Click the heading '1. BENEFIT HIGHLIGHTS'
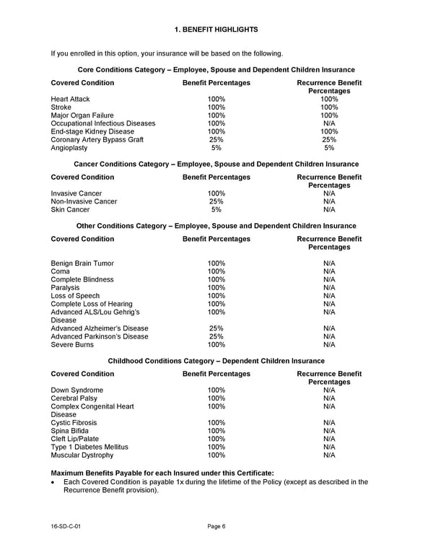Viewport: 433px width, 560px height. click(x=216, y=29)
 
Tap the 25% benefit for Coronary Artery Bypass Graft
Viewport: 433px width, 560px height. click(x=216, y=140)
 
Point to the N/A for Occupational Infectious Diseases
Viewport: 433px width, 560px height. click(x=329, y=123)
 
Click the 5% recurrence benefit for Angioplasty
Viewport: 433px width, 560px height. click(x=329, y=148)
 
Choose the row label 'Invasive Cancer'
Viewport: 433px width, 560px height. click(x=76, y=193)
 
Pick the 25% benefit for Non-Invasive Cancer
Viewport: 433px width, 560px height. click(x=216, y=201)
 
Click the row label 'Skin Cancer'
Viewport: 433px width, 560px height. click(x=71, y=210)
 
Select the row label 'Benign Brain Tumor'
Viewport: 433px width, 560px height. click(x=82, y=263)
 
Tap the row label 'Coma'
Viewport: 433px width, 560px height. click(x=61, y=271)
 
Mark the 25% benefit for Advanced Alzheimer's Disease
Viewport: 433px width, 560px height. click(x=216, y=328)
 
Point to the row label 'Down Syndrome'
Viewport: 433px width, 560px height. click(x=76, y=390)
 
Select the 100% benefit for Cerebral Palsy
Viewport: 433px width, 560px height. click(x=216, y=398)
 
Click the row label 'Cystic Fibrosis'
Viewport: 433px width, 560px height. click(x=74, y=423)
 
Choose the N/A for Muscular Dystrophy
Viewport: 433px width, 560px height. click(x=329, y=455)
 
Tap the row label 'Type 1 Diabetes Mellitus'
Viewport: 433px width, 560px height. click(x=89, y=447)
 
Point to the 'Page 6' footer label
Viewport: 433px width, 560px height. click(x=216, y=526)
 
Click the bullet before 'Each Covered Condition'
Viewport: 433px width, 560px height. click(x=53, y=482)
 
